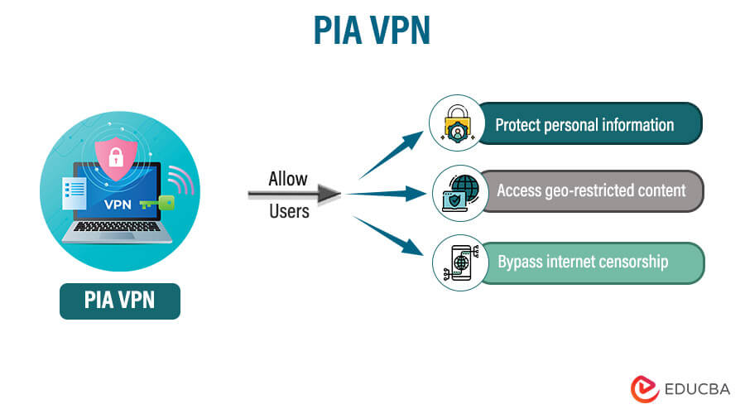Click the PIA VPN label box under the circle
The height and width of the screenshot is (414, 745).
pyautogui.click(x=120, y=300)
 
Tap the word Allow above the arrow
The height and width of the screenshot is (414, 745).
pyautogui.click(x=288, y=179)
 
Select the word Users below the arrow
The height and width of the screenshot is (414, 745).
pyautogui.click(x=289, y=211)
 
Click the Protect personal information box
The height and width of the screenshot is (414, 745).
pyautogui.click(x=588, y=125)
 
